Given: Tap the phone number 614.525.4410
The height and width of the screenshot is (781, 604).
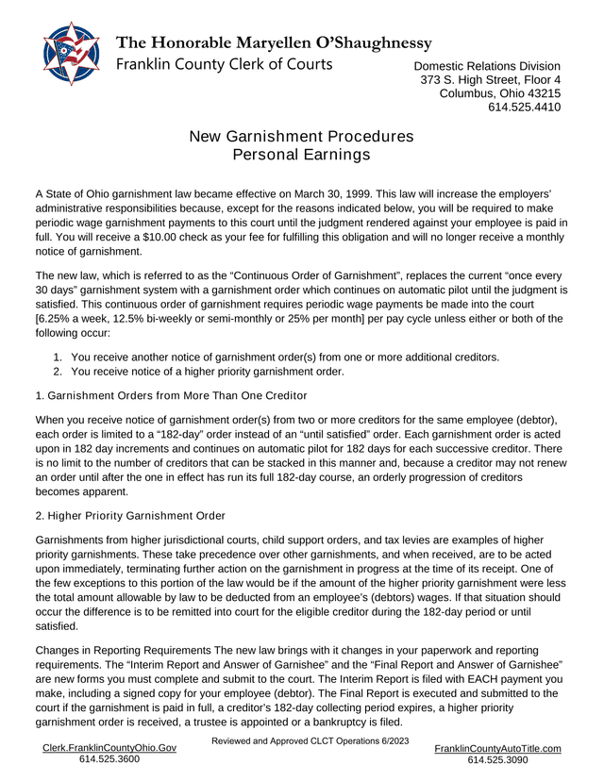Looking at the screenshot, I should click(524, 108).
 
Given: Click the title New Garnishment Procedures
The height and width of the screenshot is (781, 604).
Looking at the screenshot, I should click(301, 136).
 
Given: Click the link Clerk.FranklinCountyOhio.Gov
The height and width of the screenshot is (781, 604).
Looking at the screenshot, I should click(109, 747).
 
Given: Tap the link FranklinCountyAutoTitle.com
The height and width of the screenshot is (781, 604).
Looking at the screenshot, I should click(497, 748).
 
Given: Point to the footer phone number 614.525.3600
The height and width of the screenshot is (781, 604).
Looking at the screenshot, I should click(109, 759).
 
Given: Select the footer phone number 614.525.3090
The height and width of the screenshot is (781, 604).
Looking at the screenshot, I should click(497, 760).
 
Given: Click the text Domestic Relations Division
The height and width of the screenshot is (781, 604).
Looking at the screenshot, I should click(487, 66).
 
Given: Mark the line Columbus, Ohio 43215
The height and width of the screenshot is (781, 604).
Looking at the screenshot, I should click(500, 93).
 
